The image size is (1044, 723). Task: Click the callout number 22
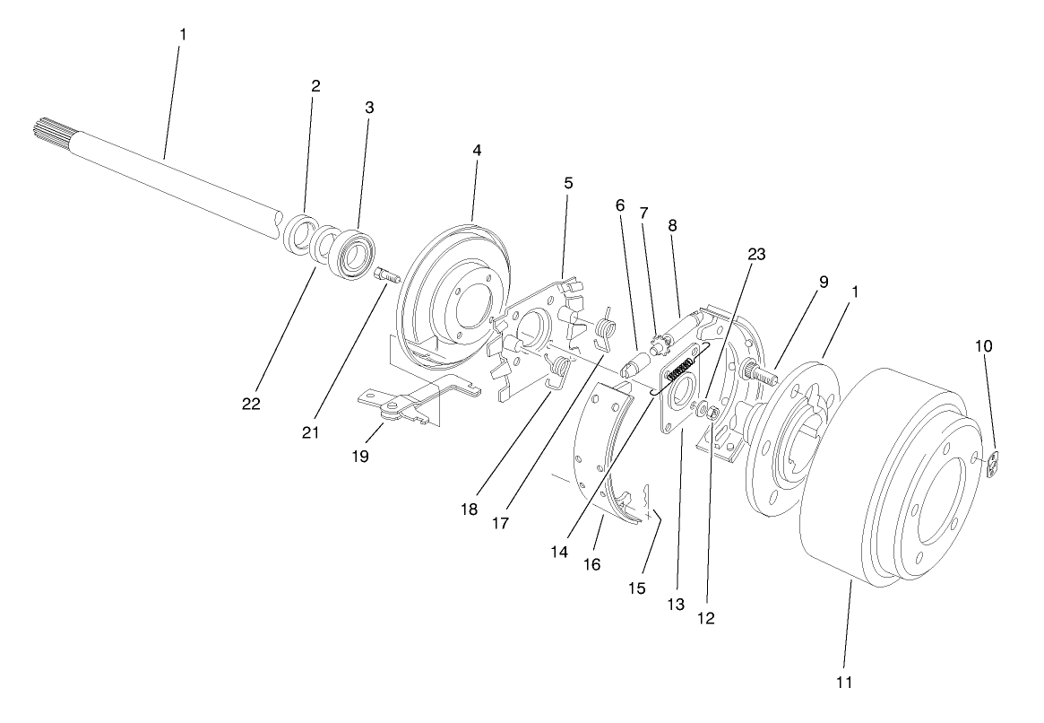tap(250, 405)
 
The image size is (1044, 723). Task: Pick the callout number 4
tap(477, 151)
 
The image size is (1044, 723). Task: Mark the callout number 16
tap(591, 565)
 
